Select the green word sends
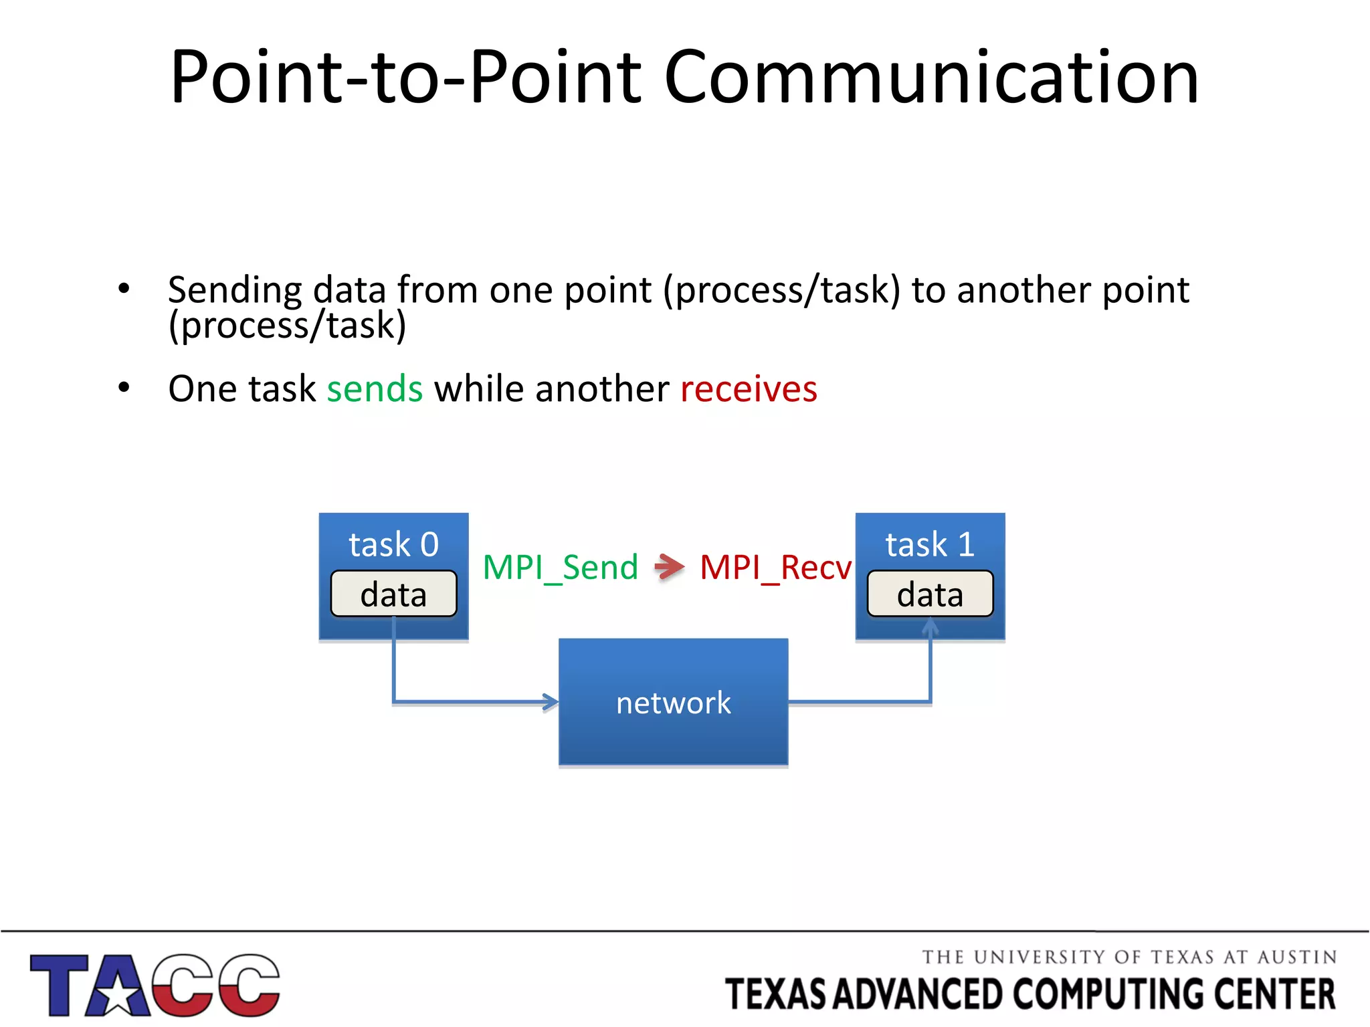point(375,389)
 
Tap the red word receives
point(749,389)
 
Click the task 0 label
point(393,544)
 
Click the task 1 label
point(930,544)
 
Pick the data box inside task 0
point(393,594)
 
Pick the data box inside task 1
point(930,594)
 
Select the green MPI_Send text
point(561,568)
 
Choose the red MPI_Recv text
point(775,568)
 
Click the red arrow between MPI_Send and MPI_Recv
point(669,567)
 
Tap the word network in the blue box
point(673,703)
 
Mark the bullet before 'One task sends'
point(124,388)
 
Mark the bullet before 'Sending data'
point(124,289)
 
